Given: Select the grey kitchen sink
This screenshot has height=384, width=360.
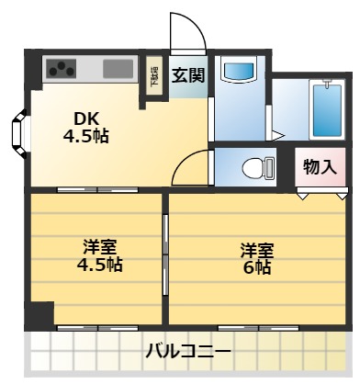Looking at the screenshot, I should pos(118,67).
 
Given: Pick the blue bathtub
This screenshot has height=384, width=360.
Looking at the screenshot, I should pos(327,110).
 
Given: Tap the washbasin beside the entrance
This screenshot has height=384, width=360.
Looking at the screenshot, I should pos(240,73).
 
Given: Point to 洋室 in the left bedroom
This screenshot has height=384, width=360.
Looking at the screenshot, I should pos(99,247).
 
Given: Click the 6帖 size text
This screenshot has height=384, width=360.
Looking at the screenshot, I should pos(256,267).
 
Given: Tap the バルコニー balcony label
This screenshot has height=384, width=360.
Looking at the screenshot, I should pos(189,352).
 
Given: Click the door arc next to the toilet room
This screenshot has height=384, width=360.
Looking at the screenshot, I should pos(190,169).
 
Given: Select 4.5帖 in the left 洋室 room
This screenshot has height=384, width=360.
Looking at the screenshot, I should pos(99,265).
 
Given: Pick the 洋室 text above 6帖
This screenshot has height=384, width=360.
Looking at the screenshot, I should pos(257,249).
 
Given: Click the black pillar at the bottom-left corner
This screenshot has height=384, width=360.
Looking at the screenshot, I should pos(36,316).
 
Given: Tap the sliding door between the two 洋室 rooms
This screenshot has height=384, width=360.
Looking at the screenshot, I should pos(166,254).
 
